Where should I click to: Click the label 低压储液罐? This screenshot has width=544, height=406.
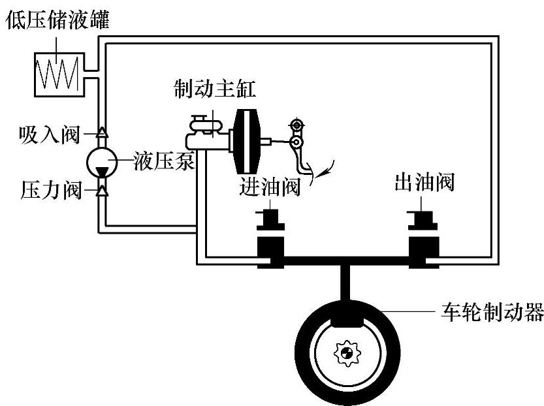(x=57, y=19)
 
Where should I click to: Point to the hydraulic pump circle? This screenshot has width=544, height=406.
(x=102, y=161)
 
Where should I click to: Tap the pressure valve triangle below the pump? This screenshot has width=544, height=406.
(x=102, y=191)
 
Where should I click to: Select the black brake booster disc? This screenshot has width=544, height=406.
(x=246, y=140)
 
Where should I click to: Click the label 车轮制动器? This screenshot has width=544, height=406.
(x=489, y=314)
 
